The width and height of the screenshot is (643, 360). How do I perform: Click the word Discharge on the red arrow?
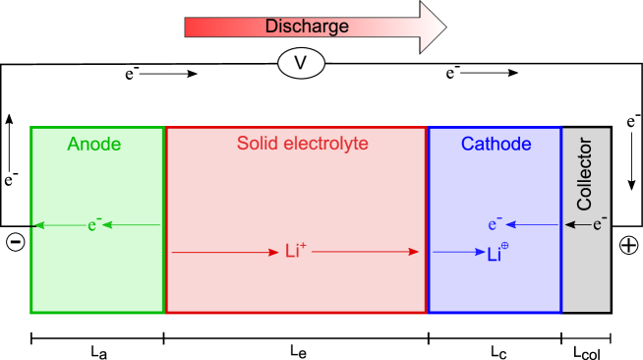[307, 27]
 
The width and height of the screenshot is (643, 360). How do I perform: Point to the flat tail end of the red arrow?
[187, 27]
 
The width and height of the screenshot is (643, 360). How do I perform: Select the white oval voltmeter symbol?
[301, 64]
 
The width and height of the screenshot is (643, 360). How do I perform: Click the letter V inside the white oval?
[301, 64]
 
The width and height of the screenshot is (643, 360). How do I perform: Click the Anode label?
[93, 145]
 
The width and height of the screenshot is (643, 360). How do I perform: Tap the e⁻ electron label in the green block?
[94, 225]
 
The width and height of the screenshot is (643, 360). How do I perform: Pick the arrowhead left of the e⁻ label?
[39, 225]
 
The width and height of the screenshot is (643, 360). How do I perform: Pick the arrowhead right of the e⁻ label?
[107, 225]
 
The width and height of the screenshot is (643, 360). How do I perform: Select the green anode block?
[96, 266]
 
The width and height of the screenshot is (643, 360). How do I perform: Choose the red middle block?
[295, 219]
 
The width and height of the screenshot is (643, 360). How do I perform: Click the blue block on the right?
[495, 219]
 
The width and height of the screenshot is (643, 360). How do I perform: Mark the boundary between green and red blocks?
[164, 219]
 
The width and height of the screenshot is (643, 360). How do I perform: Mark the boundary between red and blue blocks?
[427, 219]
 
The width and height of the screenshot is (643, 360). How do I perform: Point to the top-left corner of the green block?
[30, 127]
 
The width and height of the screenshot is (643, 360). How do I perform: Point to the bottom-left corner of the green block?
[30, 313]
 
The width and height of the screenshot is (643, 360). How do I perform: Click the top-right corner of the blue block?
[562, 127]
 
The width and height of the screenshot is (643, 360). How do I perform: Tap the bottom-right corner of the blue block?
[562, 313]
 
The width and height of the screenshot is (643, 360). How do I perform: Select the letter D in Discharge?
[270, 27]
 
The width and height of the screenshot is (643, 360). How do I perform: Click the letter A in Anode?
[73, 145]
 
